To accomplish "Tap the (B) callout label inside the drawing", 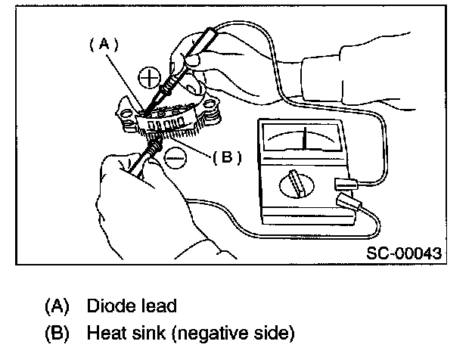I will pyautogui.click(x=226, y=157).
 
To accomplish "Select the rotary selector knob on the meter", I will pyautogui.click(x=293, y=184).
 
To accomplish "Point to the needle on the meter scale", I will pyautogui.click(x=304, y=138).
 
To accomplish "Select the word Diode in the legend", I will pyautogui.click(x=106, y=306).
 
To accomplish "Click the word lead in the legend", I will pyautogui.click(x=158, y=306).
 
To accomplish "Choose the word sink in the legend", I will pyautogui.click(x=145, y=332).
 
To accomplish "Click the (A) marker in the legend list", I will pyautogui.click(x=57, y=306).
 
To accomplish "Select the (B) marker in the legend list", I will pyautogui.click(x=57, y=333).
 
